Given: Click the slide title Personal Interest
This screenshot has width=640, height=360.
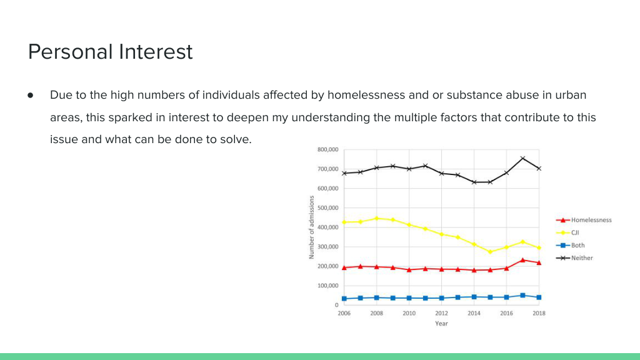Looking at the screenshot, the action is [x=110, y=52].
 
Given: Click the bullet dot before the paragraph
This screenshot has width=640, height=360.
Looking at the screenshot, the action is [x=31, y=96].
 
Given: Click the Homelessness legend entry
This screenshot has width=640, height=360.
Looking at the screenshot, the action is [x=584, y=220].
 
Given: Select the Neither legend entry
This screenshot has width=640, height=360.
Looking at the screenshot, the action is [x=574, y=258].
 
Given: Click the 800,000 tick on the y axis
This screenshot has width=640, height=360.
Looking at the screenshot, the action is [x=327, y=150].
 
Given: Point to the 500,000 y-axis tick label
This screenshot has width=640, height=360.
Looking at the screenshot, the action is [x=327, y=208].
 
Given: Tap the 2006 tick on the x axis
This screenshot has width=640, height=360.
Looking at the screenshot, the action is [x=344, y=314].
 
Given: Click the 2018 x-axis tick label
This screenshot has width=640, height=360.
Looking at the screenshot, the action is [x=539, y=314].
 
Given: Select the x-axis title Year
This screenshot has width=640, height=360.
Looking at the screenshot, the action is [x=441, y=324].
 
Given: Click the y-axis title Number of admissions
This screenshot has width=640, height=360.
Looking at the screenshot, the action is [x=311, y=227].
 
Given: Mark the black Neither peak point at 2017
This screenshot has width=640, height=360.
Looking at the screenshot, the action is [x=523, y=158].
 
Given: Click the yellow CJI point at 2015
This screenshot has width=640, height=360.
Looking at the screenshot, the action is [x=490, y=252].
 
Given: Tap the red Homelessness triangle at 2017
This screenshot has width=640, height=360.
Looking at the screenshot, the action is [x=523, y=260].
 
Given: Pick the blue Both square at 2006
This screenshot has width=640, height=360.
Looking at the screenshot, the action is [x=344, y=299].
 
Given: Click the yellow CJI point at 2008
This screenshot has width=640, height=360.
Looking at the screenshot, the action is [x=377, y=218].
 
